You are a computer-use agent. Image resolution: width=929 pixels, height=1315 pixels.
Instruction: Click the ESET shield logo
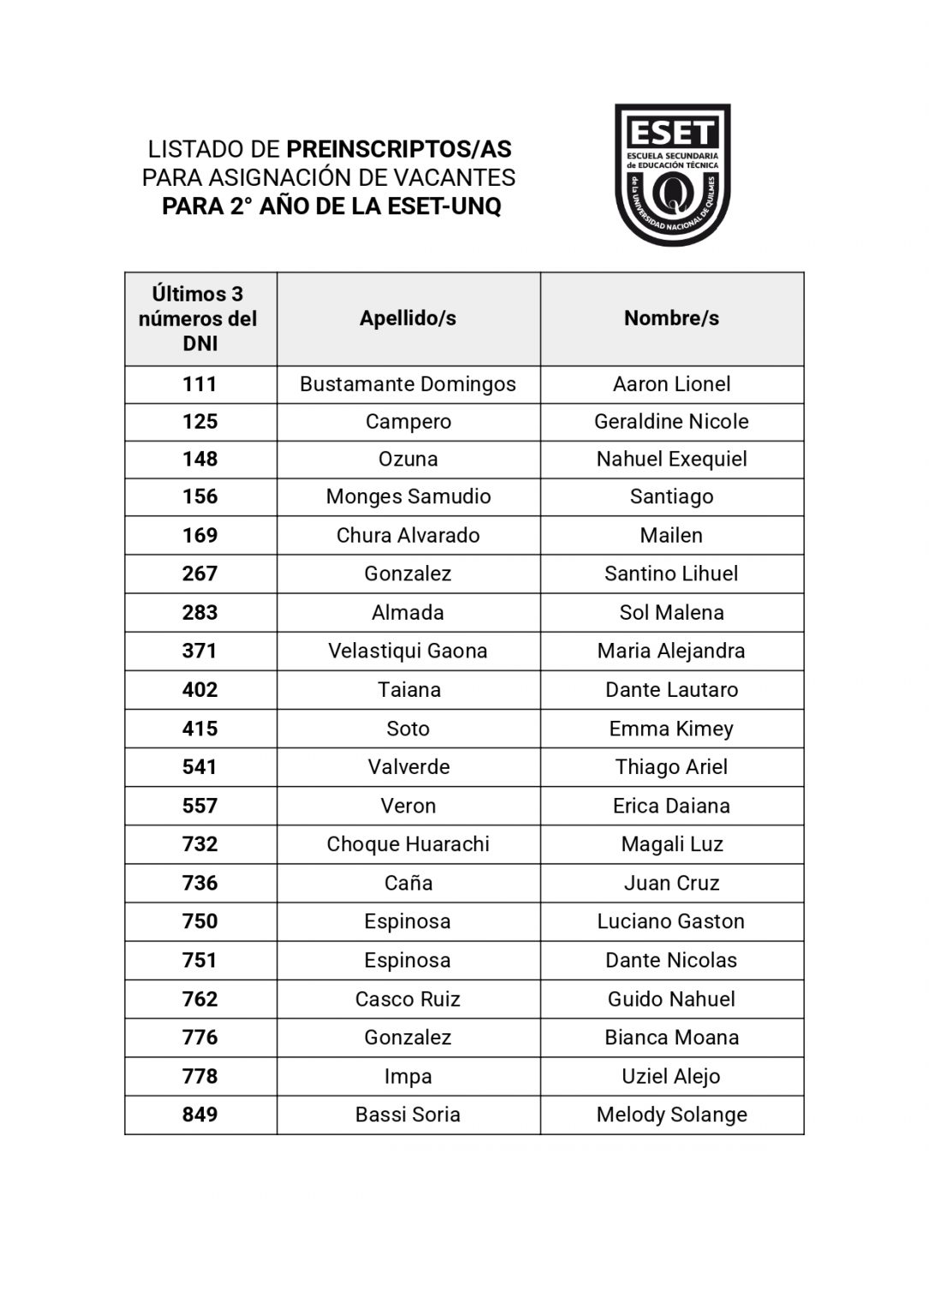(x=672, y=175)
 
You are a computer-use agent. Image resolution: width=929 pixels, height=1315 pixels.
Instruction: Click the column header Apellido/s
(x=408, y=318)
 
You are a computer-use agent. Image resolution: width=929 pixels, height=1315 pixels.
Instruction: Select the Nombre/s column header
(x=671, y=318)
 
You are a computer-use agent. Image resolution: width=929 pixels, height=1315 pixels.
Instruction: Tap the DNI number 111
(x=199, y=384)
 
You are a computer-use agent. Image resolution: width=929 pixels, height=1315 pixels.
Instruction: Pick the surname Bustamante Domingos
(x=408, y=384)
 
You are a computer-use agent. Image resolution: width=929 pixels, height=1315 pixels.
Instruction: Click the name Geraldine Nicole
(x=671, y=422)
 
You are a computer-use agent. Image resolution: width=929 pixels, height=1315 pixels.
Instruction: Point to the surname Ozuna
(x=408, y=460)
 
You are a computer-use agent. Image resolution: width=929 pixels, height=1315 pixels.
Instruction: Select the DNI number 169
(x=199, y=536)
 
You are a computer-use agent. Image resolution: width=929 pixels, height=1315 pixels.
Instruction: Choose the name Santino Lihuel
(x=671, y=574)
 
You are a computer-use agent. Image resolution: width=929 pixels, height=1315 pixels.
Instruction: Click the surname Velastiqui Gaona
(x=408, y=652)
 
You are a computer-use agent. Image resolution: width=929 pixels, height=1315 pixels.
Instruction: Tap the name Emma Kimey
(x=671, y=729)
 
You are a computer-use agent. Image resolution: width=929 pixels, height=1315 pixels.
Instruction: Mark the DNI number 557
(x=199, y=806)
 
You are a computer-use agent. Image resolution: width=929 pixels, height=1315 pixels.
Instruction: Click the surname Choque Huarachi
(x=408, y=845)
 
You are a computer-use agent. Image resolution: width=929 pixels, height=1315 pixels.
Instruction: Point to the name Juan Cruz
(x=671, y=884)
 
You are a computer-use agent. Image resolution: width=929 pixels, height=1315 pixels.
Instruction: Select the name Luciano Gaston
(x=671, y=922)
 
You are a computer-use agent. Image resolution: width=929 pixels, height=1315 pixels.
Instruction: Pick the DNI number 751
(x=199, y=961)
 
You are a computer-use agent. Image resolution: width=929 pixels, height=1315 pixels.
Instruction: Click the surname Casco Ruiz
(x=408, y=999)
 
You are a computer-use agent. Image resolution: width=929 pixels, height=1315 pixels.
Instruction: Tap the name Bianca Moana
(x=671, y=1038)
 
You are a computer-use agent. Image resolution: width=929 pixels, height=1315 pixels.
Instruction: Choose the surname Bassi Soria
(x=408, y=1115)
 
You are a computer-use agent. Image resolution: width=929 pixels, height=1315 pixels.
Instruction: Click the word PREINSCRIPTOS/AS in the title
(x=398, y=150)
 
